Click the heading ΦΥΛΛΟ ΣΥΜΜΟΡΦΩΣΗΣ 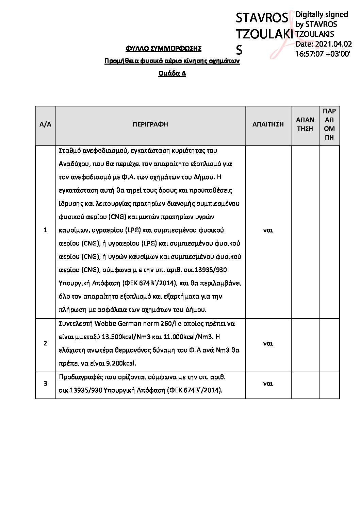163,49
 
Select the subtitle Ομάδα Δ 172,73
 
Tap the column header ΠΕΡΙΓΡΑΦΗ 150,124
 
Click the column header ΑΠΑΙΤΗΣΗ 268,124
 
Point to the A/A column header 45,124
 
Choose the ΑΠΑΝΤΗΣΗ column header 305,124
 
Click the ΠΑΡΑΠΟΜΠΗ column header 329,124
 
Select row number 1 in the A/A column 45,230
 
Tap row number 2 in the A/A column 45,343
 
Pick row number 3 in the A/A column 45,384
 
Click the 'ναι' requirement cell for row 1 268,230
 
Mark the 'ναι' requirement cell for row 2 268,343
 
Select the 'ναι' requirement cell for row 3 268,384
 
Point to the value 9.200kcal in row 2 121,363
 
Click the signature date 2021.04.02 333,44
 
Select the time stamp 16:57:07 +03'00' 323,54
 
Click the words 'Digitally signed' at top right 321,15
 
